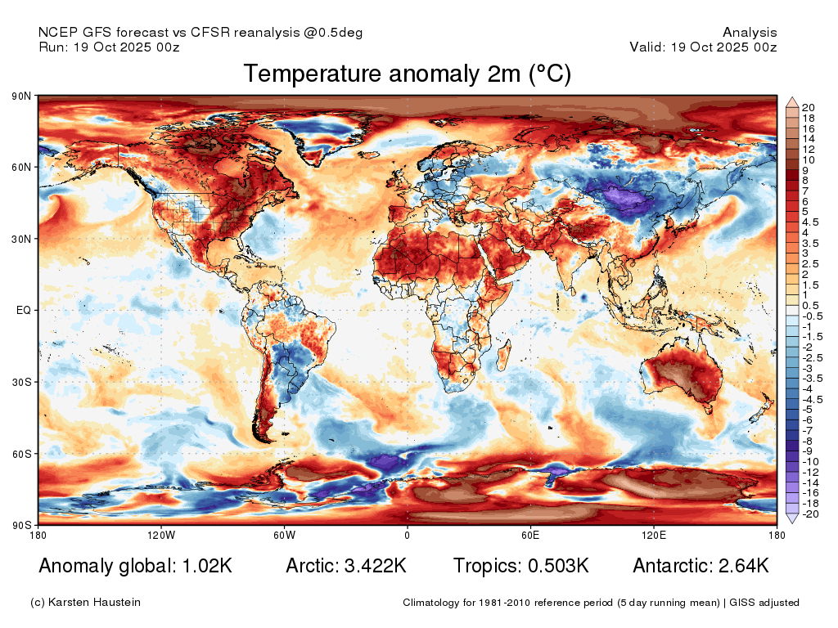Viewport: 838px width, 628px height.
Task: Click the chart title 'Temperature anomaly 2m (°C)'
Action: tap(408, 74)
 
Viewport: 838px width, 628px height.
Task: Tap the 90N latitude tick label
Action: tap(21, 96)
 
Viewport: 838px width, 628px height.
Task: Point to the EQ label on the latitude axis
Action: tap(24, 310)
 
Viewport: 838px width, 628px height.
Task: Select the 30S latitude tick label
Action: tap(21, 383)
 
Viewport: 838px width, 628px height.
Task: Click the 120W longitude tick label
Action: tap(161, 535)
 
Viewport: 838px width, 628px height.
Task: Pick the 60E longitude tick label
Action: tap(530, 535)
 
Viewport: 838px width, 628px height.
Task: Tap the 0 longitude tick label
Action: tap(408, 535)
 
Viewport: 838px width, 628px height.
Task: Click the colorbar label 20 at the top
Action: tap(808, 108)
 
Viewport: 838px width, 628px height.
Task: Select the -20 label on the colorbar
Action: tap(811, 514)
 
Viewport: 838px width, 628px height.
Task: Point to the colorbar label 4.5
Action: tap(810, 222)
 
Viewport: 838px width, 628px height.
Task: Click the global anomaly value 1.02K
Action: tap(207, 566)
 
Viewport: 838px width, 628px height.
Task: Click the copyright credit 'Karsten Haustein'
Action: tap(94, 603)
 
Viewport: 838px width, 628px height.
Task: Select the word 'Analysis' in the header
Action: tap(750, 33)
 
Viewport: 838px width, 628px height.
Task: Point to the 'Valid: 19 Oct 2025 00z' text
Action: tap(703, 47)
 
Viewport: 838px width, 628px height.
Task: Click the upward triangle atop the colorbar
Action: tap(792, 102)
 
